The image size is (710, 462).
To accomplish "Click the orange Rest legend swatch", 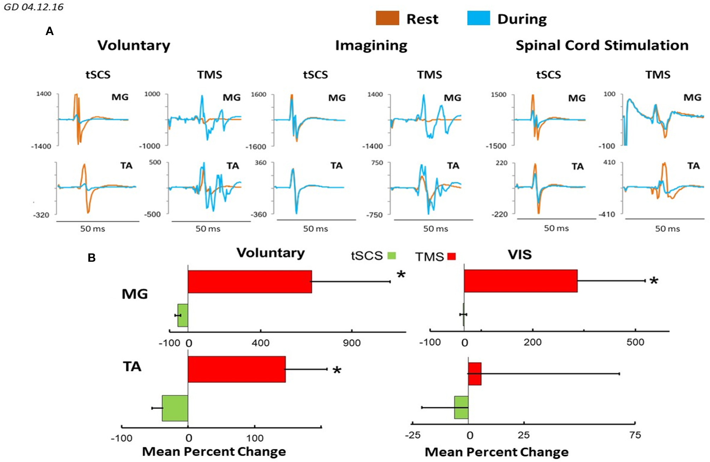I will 387,18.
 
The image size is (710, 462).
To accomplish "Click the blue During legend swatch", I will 478,18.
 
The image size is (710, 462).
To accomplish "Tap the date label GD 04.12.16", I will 34,7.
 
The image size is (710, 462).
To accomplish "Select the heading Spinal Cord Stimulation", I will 602,45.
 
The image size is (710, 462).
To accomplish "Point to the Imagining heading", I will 371,45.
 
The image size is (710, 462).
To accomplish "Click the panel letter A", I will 50,31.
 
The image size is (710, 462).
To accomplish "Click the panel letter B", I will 92,257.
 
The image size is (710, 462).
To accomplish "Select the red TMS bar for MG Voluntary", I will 250,282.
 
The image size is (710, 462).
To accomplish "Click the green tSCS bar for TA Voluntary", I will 175,408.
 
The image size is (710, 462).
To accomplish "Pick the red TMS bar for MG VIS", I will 520,281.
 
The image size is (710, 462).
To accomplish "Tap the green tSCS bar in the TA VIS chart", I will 461,407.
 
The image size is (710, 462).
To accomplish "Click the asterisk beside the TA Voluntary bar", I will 337,371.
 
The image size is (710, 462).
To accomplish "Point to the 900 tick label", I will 352,343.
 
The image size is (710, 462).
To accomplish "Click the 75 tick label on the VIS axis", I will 635,435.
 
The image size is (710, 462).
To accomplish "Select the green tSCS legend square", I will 391,256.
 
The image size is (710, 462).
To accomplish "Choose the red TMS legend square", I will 452,256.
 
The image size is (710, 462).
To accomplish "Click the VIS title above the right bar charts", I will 519,255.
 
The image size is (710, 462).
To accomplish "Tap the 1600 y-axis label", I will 258,95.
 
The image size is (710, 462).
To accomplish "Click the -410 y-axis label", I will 607,214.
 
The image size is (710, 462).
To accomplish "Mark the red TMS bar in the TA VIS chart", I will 475,374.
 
